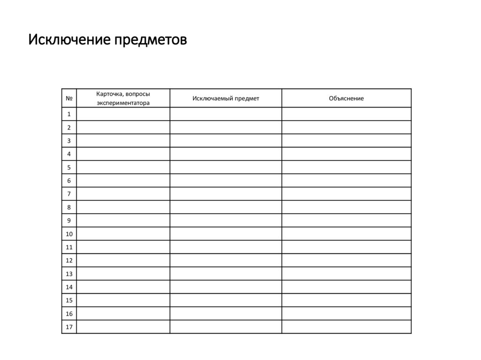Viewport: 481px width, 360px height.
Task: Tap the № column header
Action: click(69, 98)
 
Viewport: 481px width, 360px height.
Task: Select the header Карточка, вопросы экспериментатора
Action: click(123, 98)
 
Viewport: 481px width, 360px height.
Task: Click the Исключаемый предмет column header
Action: click(225, 98)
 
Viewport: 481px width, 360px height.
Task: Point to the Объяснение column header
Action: click(346, 98)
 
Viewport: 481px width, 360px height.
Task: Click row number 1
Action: click(69, 114)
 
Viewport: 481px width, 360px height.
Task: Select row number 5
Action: click(69, 167)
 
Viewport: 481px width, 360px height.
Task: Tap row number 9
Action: click(69, 220)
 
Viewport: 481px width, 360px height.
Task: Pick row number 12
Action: click(69, 260)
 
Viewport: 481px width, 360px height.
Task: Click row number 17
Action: click(69, 327)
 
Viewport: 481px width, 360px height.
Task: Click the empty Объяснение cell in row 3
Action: click(346, 140)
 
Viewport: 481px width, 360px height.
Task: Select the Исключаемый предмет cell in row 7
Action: click(225, 194)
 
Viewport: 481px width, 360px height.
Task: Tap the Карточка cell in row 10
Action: click(123, 234)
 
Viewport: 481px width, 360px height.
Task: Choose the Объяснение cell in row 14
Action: click(346, 287)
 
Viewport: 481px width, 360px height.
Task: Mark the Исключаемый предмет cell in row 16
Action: click(225, 314)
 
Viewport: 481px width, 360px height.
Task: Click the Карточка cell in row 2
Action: click(123, 127)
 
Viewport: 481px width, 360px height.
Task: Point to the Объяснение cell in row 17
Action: click(346, 327)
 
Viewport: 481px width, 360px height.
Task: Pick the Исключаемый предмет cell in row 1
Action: click(225, 114)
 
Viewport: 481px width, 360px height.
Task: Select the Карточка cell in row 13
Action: click(123, 274)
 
